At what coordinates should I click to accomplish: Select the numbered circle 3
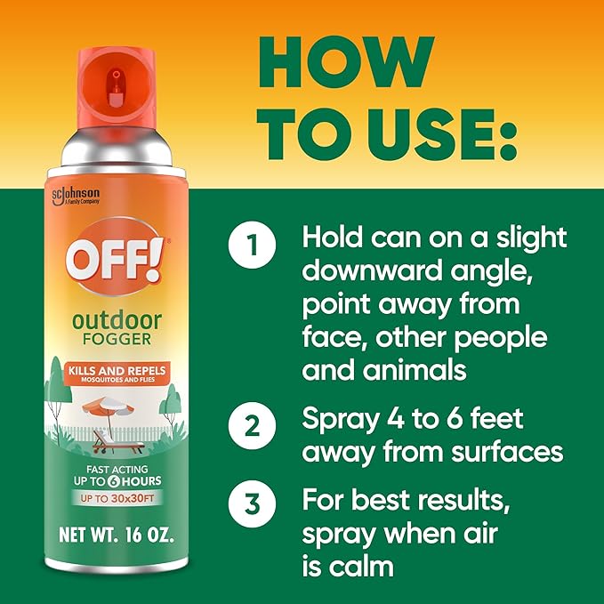tap(254, 503)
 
